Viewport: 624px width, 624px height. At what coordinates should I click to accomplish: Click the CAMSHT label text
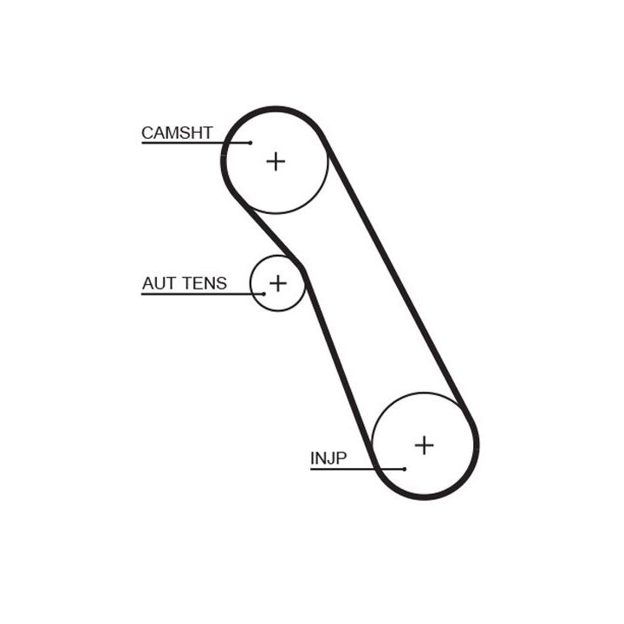(177, 133)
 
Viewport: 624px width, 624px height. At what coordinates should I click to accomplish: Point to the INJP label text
(328, 458)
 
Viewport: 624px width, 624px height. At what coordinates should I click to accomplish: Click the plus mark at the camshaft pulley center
(276, 161)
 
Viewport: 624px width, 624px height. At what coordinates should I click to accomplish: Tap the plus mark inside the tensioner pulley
(277, 283)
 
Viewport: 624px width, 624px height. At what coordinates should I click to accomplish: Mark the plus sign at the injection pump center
(424, 445)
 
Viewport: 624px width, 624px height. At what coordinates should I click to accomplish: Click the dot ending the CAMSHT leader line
(250, 142)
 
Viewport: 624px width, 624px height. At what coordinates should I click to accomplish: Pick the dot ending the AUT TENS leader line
(263, 294)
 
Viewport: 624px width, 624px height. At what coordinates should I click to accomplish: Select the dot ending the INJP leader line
(405, 469)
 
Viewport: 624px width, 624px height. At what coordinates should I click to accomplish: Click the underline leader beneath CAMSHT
(191, 142)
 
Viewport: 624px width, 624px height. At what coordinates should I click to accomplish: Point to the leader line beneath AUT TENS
(199, 294)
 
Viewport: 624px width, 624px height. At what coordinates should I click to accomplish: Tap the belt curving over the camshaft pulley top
(274, 110)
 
